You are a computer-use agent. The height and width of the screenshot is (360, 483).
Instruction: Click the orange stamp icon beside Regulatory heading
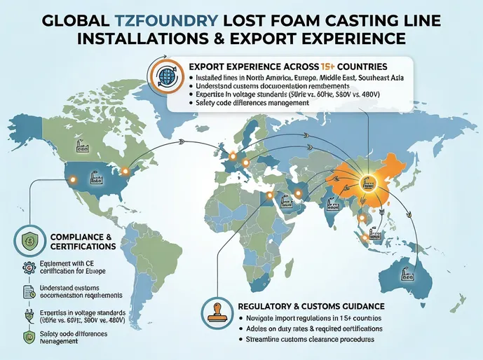click(217, 310)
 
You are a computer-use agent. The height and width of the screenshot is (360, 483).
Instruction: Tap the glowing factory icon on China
click(366, 184)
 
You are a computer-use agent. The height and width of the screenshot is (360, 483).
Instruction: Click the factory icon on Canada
click(78, 148)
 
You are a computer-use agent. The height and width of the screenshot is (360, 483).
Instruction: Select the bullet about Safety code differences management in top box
click(253, 104)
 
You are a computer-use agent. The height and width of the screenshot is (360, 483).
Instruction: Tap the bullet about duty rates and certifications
click(308, 328)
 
